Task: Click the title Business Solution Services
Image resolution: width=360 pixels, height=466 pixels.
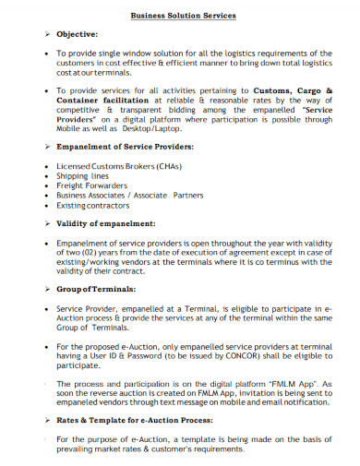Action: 182,16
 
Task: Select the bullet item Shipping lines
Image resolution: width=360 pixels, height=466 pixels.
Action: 82,174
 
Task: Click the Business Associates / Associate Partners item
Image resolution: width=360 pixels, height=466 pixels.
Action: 129,196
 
